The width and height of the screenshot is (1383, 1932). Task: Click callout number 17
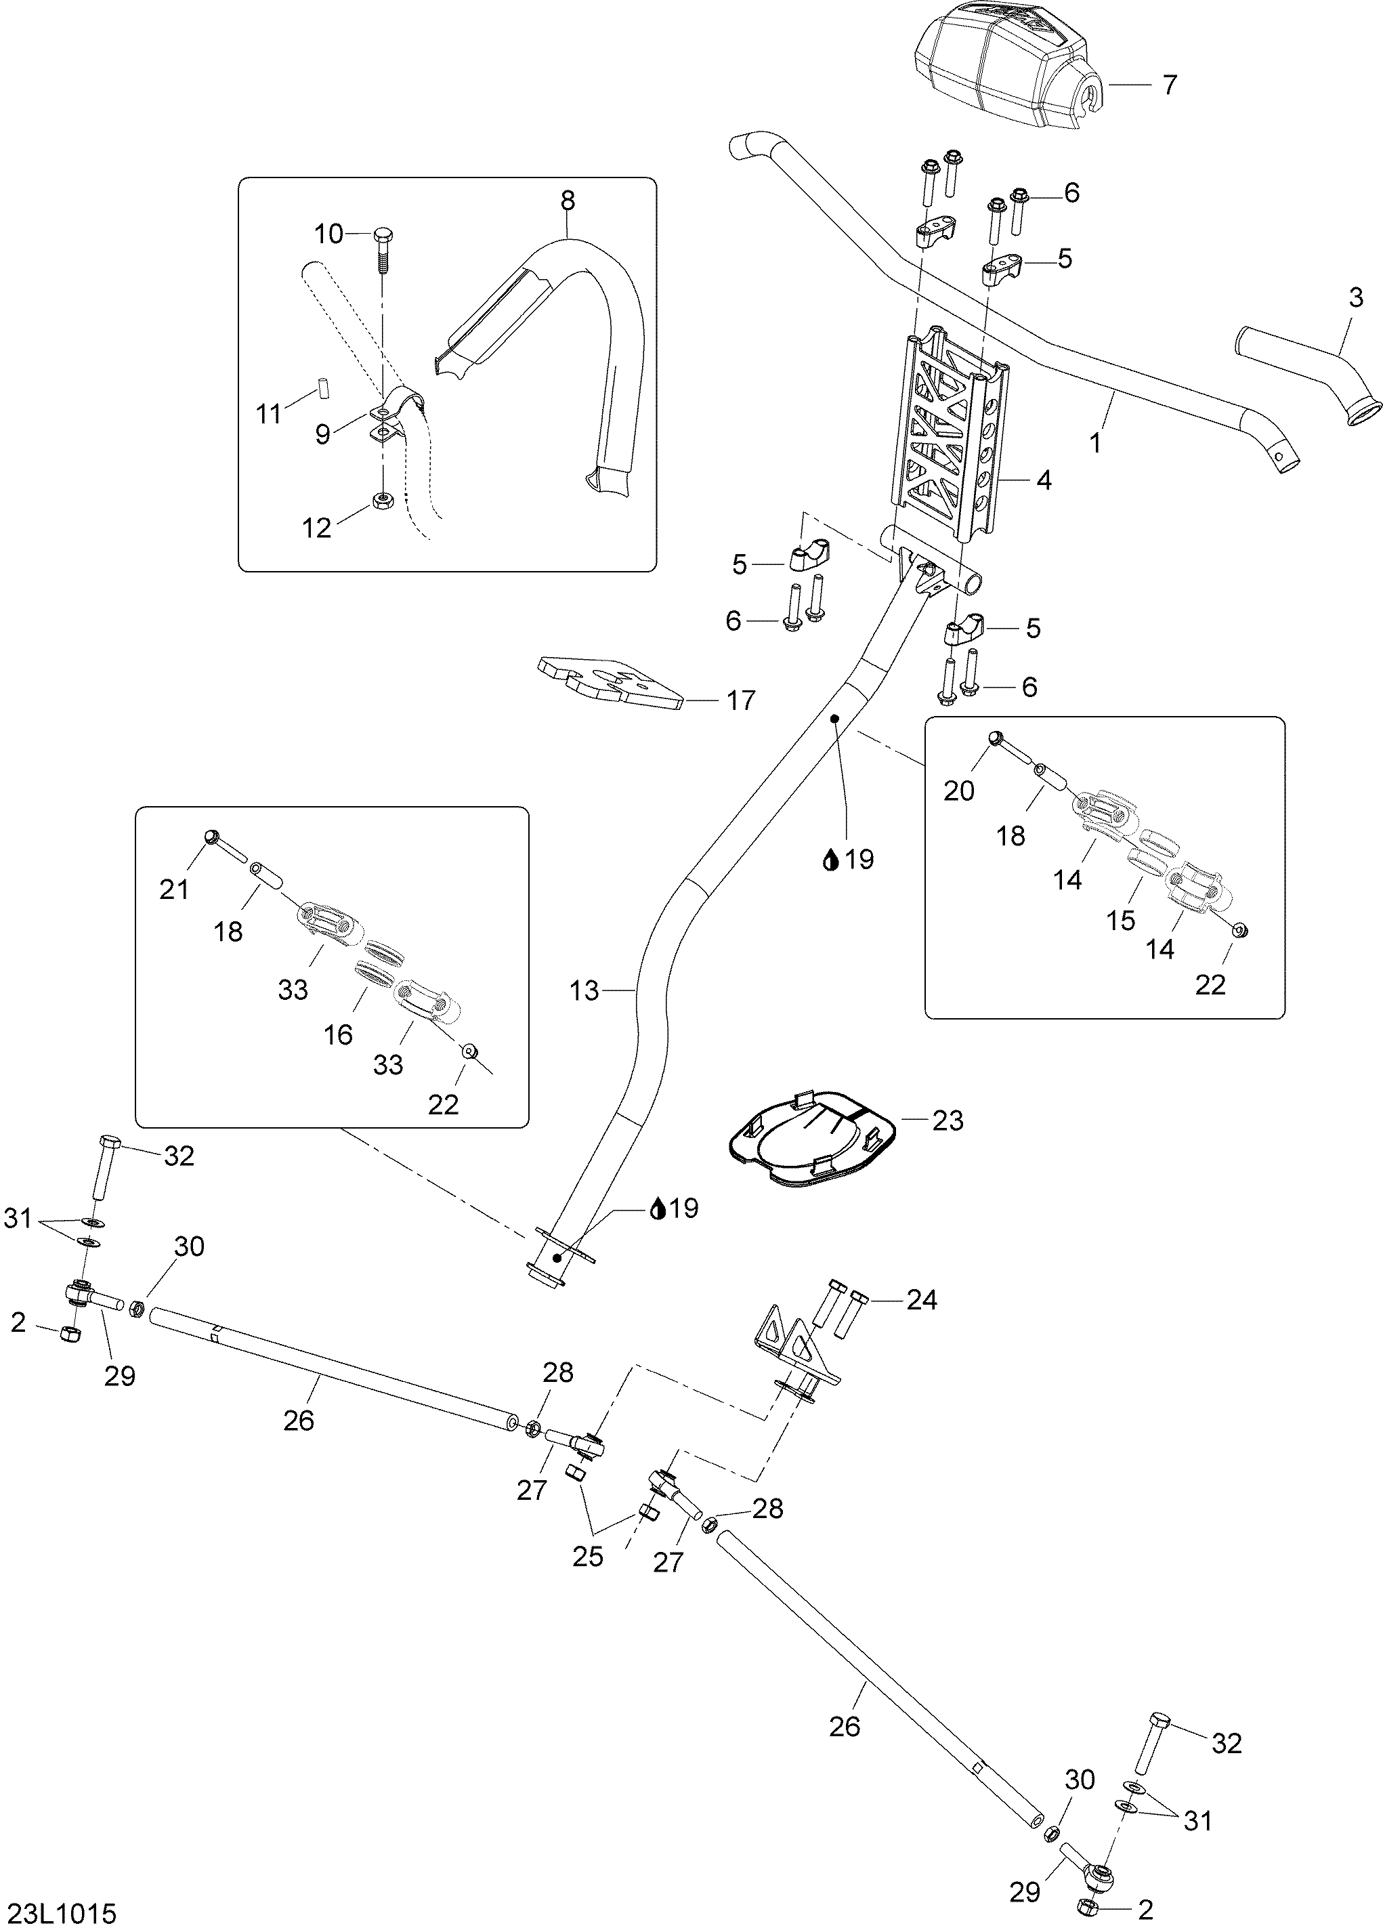pos(741,700)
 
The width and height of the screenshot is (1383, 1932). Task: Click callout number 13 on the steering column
pos(584,990)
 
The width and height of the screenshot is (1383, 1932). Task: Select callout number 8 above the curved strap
pos(567,201)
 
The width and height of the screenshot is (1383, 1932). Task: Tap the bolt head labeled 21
pos(212,837)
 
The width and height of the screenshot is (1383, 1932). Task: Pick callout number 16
pos(338,1035)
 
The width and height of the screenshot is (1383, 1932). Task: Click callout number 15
pos(1121,920)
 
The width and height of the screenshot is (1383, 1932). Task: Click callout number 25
pos(588,1556)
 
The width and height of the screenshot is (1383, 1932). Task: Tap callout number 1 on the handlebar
pos(1096,443)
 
